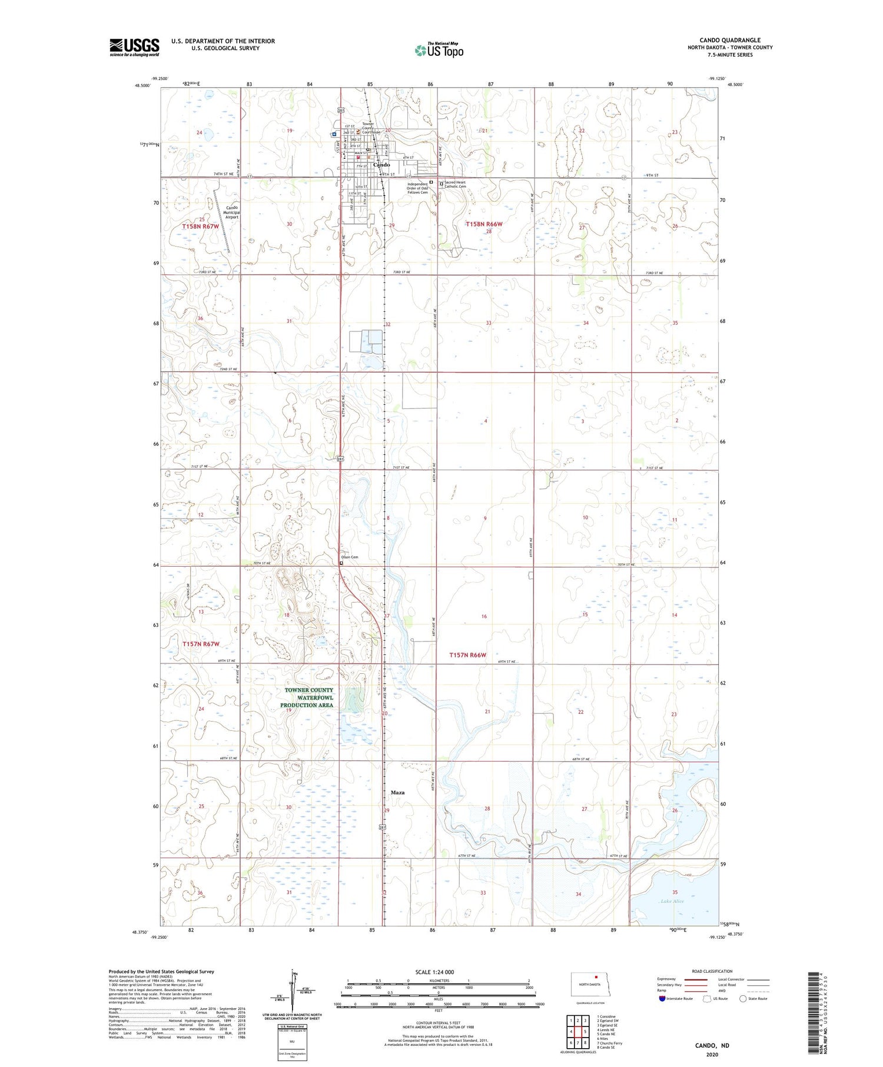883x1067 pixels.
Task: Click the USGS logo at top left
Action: (x=134, y=47)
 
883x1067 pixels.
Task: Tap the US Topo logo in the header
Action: (x=439, y=50)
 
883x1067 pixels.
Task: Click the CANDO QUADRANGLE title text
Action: (x=735, y=40)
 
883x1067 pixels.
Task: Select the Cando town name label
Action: (x=381, y=165)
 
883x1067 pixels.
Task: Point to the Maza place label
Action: (x=397, y=793)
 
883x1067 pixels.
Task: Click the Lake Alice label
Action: (x=672, y=901)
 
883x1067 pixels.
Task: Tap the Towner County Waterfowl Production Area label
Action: (x=308, y=697)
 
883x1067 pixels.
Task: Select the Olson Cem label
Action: (x=350, y=557)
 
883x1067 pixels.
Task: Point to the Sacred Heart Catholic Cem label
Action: (x=455, y=184)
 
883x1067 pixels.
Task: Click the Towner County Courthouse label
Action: (x=370, y=128)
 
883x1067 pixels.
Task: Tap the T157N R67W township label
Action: (x=201, y=644)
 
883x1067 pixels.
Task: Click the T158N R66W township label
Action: (x=484, y=224)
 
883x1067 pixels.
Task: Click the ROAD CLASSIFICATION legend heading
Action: (x=712, y=971)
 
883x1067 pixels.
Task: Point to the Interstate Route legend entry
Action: (x=677, y=999)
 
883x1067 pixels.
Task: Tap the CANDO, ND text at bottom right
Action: (x=712, y=1045)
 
